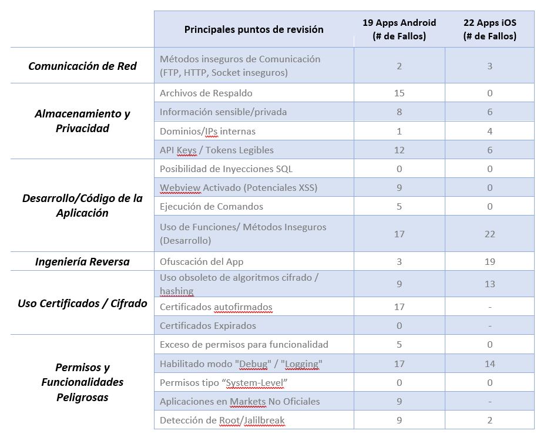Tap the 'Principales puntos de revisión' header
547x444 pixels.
[254, 29]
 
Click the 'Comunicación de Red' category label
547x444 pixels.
[82, 66]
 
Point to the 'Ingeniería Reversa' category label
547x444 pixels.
[82, 261]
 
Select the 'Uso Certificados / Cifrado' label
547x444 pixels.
[82, 303]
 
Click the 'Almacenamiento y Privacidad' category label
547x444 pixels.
[82, 121]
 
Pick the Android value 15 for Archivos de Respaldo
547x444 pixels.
[399, 93]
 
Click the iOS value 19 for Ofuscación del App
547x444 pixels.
[489, 261]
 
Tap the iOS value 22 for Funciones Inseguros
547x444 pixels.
[489, 234]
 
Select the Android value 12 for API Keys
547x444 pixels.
[399, 150]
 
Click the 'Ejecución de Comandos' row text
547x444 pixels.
[212, 206]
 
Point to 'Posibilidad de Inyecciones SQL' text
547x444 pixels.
[226, 169]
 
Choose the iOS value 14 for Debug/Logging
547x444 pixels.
[489, 364]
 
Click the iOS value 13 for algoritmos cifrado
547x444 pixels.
[489, 284]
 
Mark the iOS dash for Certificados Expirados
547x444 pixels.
[489, 326]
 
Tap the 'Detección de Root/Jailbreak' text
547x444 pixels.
[222, 420]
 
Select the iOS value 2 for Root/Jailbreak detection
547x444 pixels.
[489, 420]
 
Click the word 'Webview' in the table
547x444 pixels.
[176, 187]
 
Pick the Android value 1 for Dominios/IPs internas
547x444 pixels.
[399, 131]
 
